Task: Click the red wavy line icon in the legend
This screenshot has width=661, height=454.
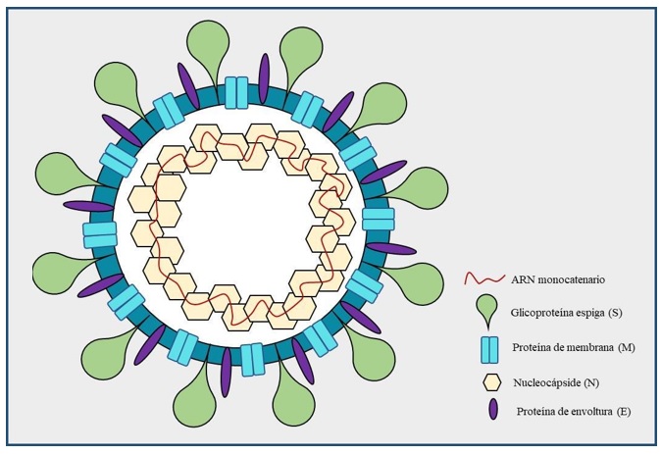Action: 484,279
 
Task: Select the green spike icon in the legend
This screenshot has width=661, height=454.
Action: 486,310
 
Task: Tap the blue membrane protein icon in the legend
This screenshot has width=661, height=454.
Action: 489,350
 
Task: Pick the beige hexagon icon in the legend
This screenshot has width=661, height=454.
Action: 491,382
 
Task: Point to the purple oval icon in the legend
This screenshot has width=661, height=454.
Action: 492,409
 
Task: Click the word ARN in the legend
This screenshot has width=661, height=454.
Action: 521,279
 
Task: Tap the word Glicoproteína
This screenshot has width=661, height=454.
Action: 537,313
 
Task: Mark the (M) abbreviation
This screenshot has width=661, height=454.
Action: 626,348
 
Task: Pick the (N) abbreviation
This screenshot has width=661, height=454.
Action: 591,382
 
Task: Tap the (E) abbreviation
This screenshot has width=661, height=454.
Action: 624,412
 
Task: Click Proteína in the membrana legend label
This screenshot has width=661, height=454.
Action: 529,348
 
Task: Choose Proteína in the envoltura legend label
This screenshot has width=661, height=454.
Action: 533,412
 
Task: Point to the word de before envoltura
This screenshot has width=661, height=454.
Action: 558,412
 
